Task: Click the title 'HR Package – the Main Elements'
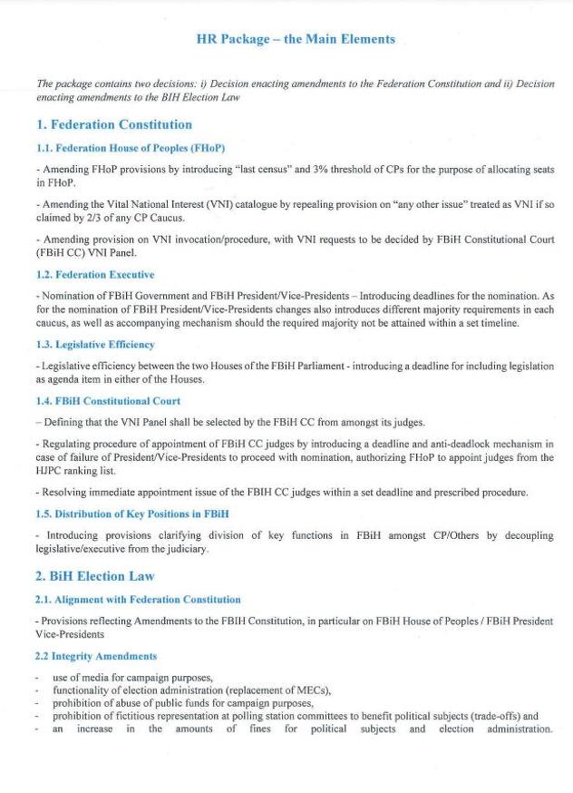pyautogui.click(x=296, y=39)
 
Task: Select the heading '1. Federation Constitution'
pyautogui.click(x=114, y=124)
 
